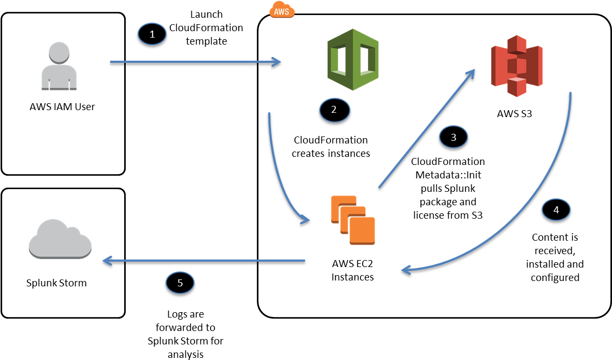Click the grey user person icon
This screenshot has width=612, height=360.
coord(59,67)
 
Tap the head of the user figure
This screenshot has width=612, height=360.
coord(59,52)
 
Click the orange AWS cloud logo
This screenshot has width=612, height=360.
coord(282,10)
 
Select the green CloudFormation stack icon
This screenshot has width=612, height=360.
coord(353,59)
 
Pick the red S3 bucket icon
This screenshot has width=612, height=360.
coord(516,66)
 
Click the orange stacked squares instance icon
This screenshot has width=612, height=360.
coord(352,220)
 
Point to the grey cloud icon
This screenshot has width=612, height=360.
coord(60,240)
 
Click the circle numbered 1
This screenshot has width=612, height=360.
coord(152,34)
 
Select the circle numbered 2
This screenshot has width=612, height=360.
coord(334,110)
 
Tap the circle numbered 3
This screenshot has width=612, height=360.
coord(453,137)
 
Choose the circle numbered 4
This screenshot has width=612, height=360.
coord(556,210)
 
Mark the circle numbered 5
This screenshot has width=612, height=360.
coord(180,282)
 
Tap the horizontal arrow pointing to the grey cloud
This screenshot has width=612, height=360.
coord(204,261)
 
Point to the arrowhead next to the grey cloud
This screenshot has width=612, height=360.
coord(106,261)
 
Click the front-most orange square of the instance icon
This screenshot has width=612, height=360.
coord(362,231)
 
